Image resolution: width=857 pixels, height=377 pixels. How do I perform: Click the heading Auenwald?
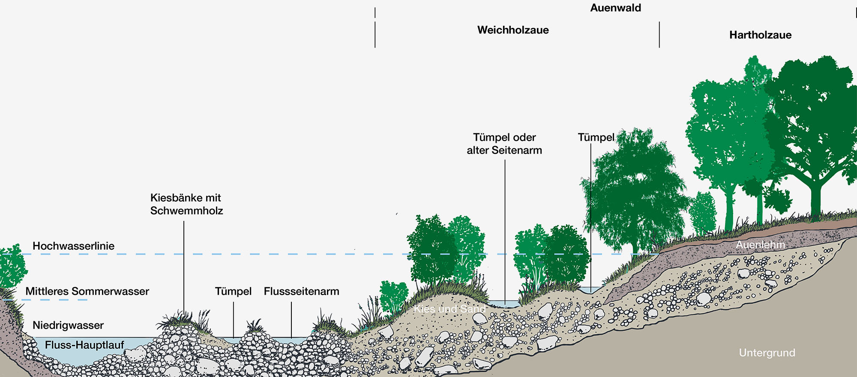coord(615,8)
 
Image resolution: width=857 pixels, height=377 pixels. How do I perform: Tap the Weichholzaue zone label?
coord(513,30)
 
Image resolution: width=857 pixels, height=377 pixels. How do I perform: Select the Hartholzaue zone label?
coord(760,35)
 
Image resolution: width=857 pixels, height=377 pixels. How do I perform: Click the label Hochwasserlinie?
coord(73,246)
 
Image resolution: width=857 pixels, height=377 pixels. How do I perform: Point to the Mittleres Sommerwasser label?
coord(87,291)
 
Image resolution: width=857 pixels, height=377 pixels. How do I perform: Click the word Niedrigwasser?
coord(68,325)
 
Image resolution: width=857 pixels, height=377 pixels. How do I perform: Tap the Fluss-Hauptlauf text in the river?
coord(84,345)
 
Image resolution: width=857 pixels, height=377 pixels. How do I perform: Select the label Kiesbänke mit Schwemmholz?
coord(186,204)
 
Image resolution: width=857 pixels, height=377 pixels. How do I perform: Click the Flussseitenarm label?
coord(301,291)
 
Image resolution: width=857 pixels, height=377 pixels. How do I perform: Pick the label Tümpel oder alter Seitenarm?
coord(504,144)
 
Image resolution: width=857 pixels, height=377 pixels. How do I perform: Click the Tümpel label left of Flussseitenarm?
coord(233,291)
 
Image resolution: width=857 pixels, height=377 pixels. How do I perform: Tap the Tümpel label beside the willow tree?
coord(596,137)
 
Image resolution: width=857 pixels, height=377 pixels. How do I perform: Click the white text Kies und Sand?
coord(449,309)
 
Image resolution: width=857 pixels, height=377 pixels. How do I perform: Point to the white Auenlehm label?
coord(760,245)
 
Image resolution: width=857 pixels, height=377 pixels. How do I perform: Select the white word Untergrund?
coord(767,353)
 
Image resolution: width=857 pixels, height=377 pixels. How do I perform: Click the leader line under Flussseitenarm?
coord(291,320)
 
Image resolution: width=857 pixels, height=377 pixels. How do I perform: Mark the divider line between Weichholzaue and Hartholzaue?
coord(659,34)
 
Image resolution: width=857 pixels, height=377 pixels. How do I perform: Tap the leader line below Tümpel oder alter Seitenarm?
coord(505,232)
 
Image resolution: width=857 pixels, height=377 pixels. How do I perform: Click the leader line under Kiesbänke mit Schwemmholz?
coord(184,266)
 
